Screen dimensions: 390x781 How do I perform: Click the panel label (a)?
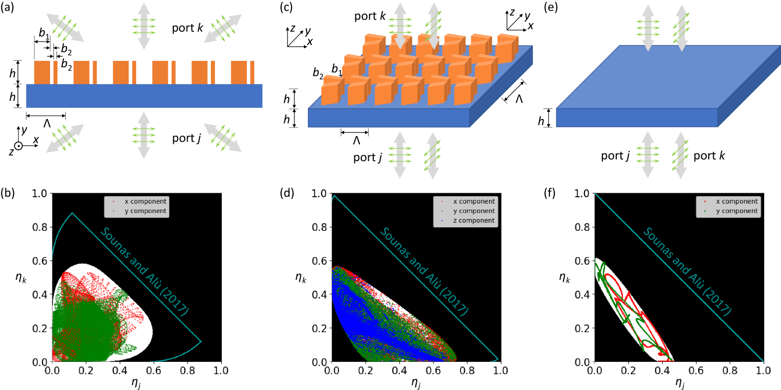point(8,7)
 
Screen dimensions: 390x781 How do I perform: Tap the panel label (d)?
point(287,193)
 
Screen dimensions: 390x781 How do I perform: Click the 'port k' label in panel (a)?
point(187,28)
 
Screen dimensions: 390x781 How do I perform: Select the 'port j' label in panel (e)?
point(615,156)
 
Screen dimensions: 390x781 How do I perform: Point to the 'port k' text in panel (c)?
point(370,16)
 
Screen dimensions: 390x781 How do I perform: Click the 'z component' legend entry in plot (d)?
point(474,220)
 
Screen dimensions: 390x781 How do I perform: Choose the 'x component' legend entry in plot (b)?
point(145,201)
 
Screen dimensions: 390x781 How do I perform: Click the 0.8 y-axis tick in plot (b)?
point(40,227)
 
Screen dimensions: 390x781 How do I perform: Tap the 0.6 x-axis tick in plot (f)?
point(696,370)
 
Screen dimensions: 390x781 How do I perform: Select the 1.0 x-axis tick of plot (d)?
point(501,370)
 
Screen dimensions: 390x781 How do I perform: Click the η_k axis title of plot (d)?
point(300,278)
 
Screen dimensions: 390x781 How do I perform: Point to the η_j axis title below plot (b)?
point(136,383)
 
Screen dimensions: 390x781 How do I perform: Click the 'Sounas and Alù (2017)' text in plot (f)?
point(687,271)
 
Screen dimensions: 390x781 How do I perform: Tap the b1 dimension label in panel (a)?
point(44,34)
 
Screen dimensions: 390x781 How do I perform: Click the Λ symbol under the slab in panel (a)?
point(47,124)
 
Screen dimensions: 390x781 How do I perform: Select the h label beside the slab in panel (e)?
point(541,121)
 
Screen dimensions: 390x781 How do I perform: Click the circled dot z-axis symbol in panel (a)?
point(18,146)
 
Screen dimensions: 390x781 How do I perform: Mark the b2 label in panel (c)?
point(318,74)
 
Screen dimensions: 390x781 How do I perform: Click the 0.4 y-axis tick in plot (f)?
point(582,295)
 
